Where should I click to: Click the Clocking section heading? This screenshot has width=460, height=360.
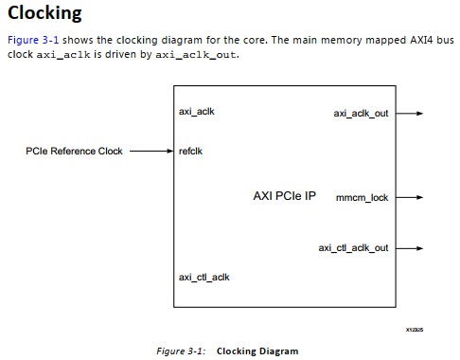click(x=44, y=14)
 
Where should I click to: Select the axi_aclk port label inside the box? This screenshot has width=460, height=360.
click(x=196, y=111)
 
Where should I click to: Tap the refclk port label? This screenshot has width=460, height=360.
click(x=191, y=150)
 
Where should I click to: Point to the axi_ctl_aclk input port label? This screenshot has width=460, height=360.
click(x=203, y=277)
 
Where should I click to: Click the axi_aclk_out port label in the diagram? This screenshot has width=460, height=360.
click(x=361, y=113)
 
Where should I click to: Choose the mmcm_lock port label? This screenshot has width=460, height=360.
click(x=363, y=199)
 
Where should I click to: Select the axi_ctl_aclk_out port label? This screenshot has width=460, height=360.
click(x=353, y=247)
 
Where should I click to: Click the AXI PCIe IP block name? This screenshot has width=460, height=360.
click(x=284, y=197)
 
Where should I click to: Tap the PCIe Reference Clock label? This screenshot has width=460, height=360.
click(x=75, y=150)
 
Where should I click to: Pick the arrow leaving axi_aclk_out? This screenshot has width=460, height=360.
click(x=409, y=113)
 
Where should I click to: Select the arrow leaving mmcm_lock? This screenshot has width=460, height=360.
click(x=409, y=199)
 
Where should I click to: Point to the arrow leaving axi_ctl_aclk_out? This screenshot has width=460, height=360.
click(x=409, y=247)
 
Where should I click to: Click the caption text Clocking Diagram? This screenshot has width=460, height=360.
click(x=257, y=351)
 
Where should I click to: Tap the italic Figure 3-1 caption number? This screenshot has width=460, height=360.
click(x=181, y=351)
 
